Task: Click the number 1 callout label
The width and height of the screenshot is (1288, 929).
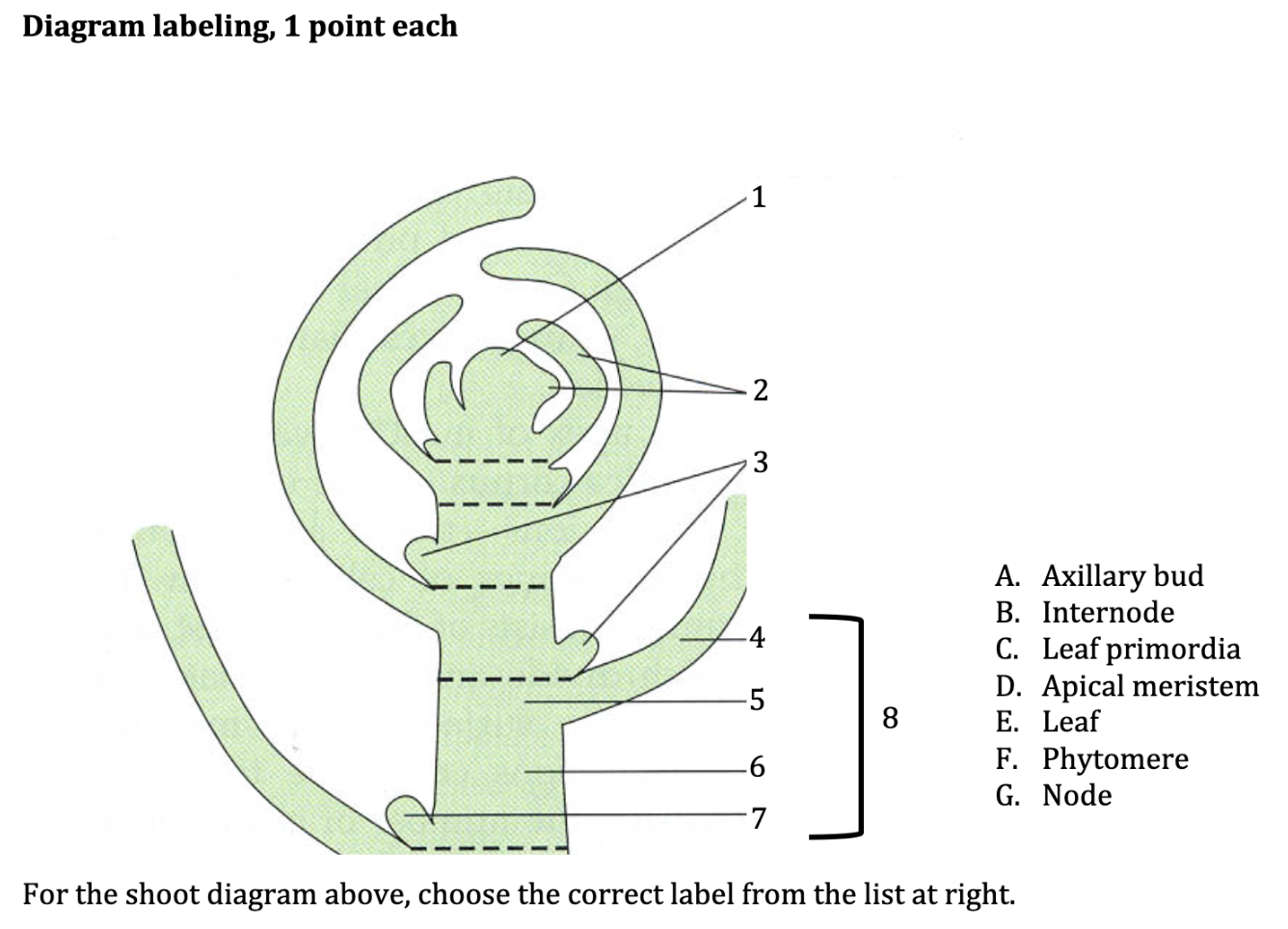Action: (x=759, y=198)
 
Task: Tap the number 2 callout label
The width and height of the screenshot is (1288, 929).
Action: (x=760, y=390)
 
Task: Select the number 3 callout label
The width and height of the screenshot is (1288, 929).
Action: (x=760, y=463)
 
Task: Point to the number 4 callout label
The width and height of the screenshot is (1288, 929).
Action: (x=758, y=637)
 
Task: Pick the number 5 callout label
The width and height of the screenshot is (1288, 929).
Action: (x=757, y=700)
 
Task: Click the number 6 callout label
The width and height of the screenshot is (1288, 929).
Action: (x=757, y=767)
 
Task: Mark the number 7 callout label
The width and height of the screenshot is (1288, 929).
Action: (x=759, y=818)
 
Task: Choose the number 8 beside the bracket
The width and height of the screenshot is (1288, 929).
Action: (x=890, y=718)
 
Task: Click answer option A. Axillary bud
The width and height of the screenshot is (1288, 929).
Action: (x=1099, y=576)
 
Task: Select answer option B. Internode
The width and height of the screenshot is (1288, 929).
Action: (x=1085, y=613)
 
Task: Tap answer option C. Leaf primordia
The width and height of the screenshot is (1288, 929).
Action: (x=1117, y=650)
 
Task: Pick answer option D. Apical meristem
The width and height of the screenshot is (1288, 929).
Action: (x=1127, y=686)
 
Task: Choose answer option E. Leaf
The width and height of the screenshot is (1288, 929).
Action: (x=1047, y=722)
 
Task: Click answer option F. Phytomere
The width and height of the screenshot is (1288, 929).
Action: (x=1091, y=759)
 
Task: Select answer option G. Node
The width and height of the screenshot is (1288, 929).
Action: (x=1054, y=796)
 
